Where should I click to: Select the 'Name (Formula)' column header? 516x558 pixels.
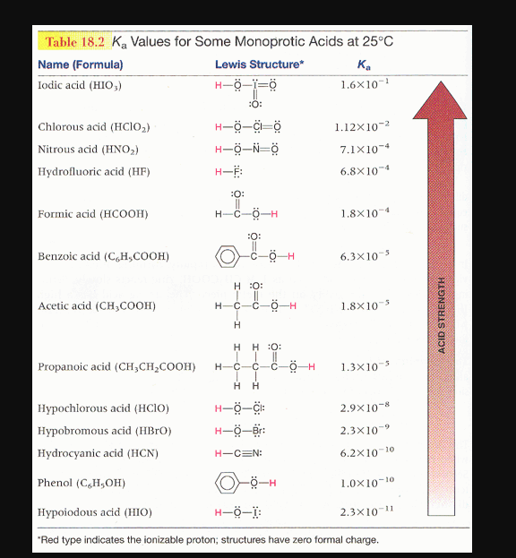tap(81, 64)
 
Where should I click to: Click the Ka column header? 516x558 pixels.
tap(362, 64)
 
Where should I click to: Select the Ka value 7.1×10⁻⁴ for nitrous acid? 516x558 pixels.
tap(363, 148)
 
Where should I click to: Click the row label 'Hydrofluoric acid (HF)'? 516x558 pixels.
tap(88, 170)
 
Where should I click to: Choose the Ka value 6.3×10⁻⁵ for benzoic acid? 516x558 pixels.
tap(363, 256)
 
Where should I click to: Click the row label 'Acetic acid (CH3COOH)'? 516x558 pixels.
tap(97, 305)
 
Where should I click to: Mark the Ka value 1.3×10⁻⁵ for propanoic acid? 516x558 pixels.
tap(363, 366)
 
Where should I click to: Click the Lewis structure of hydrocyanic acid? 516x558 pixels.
tap(237, 453)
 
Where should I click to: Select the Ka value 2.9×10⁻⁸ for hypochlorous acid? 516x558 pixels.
tap(363, 408)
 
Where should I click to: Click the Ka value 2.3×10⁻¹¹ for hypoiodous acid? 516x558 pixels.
tap(363, 512)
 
